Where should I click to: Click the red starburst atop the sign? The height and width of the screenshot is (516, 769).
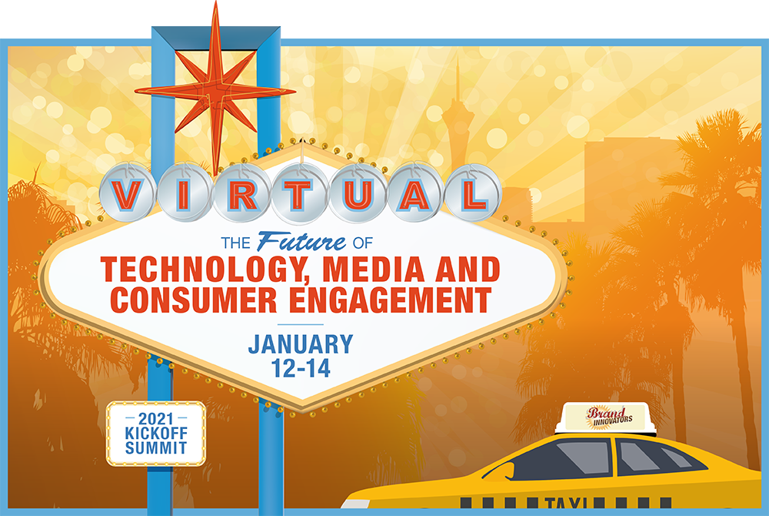pyautogui.click(x=215, y=91)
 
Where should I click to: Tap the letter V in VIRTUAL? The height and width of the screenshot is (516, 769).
pyautogui.click(x=128, y=195)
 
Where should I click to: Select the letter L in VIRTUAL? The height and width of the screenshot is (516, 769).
pyautogui.click(x=473, y=195)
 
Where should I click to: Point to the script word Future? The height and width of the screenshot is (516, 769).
pyautogui.click(x=301, y=241)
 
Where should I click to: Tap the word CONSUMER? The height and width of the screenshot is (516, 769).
pyautogui.click(x=194, y=300)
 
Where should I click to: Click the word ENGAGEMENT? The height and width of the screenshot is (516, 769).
pyautogui.click(x=390, y=300)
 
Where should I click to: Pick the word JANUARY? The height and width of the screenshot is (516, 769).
pyautogui.click(x=301, y=344)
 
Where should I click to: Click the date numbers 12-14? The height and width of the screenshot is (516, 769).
pyautogui.click(x=301, y=368)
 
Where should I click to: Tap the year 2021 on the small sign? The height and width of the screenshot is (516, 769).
pyautogui.click(x=156, y=419)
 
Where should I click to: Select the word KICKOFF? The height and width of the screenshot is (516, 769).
pyautogui.click(x=156, y=433)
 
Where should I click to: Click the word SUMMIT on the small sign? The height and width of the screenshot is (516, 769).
pyautogui.click(x=156, y=447)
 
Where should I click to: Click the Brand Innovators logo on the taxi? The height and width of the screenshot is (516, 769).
pyautogui.click(x=608, y=417)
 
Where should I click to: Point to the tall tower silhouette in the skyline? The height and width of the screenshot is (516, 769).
pyautogui.click(x=457, y=122)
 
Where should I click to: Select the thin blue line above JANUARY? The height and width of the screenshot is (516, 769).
pyautogui.click(x=301, y=324)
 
